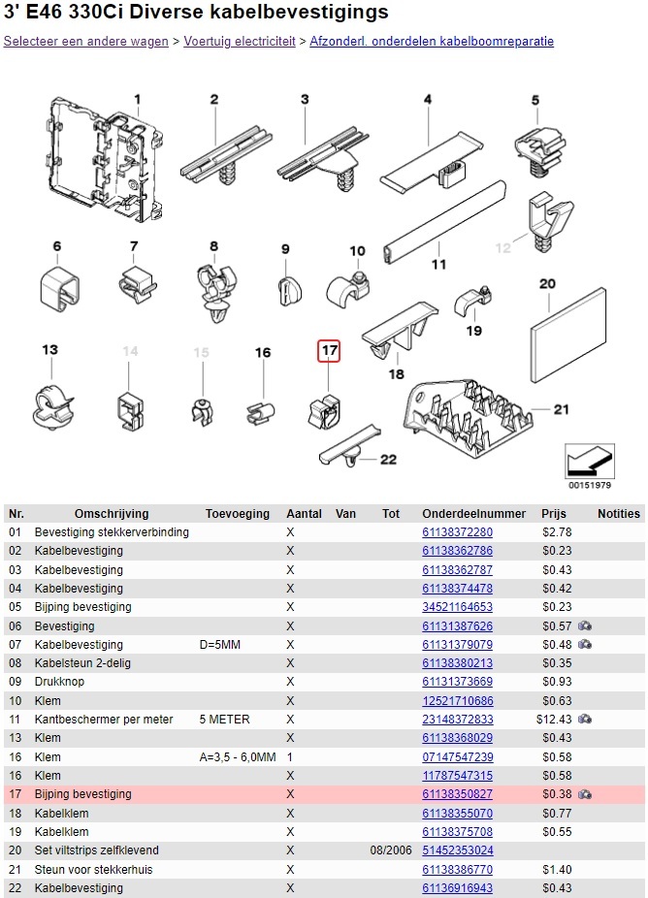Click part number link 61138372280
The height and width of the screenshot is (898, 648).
click(x=457, y=532)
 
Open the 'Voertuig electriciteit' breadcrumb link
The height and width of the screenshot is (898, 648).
click(x=240, y=42)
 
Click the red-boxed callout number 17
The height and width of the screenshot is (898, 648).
click(x=330, y=351)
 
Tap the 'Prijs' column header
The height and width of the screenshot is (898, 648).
click(x=554, y=514)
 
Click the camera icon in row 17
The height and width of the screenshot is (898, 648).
click(x=585, y=794)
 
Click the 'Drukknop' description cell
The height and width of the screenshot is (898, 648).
click(x=59, y=683)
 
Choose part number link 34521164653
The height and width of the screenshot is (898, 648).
click(x=457, y=607)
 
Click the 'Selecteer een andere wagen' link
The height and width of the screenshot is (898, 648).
click(x=86, y=42)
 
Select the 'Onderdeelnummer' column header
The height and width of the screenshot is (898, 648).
click(x=473, y=514)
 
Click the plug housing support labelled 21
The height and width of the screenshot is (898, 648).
click(x=472, y=418)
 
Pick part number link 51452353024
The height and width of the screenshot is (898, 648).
click(x=457, y=850)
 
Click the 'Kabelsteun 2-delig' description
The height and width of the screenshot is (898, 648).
click(x=82, y=663)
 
